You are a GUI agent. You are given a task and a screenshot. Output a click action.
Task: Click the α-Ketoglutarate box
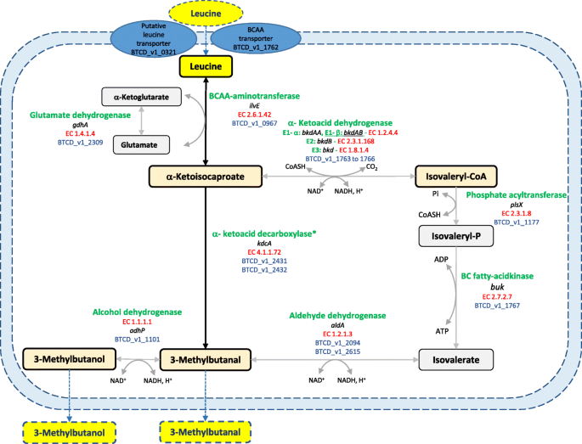point(143,97)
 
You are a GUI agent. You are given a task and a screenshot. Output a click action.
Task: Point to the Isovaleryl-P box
point(455,235)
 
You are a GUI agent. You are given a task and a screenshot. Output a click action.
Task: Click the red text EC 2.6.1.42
point(254,113)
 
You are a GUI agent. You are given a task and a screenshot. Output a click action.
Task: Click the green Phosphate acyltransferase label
point(516,194)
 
